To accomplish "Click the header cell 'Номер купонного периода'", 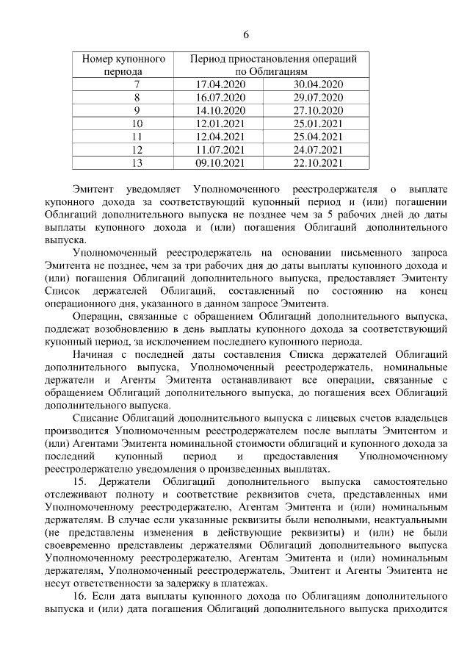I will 123,65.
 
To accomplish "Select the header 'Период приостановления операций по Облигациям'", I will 273,65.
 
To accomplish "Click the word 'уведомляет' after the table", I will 155,187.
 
